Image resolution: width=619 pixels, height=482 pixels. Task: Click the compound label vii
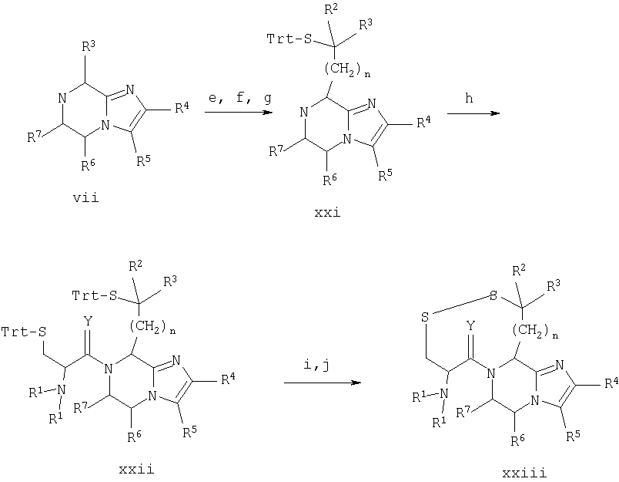point(85,197)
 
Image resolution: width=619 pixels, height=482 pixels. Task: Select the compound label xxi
point(327,213)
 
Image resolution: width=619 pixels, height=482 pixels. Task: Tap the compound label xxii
point(136,469)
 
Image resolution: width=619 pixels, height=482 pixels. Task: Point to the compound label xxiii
point(524,473)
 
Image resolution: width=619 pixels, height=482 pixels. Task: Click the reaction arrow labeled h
point(473,113)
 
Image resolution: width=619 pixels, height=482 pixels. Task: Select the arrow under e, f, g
point(239,113)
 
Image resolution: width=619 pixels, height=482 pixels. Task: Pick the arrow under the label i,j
point(323,383)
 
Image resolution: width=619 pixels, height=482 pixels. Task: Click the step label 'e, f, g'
point(240,97)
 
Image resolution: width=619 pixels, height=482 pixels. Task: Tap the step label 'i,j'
point(316,365)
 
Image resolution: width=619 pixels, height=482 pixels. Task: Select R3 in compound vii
point(89,47)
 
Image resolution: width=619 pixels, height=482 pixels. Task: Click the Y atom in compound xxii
point(88,322)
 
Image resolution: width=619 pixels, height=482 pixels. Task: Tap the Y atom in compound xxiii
point(470,325)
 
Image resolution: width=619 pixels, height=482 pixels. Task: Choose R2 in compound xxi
point(331,8)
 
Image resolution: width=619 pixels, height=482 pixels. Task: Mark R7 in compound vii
point(35,137)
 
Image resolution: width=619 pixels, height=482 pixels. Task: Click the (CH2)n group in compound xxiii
point(536,331)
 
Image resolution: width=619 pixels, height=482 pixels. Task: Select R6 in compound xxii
point(134,436)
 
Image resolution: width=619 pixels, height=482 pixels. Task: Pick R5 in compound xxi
point(386,176)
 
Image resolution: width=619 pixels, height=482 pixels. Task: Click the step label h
point(469,98)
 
